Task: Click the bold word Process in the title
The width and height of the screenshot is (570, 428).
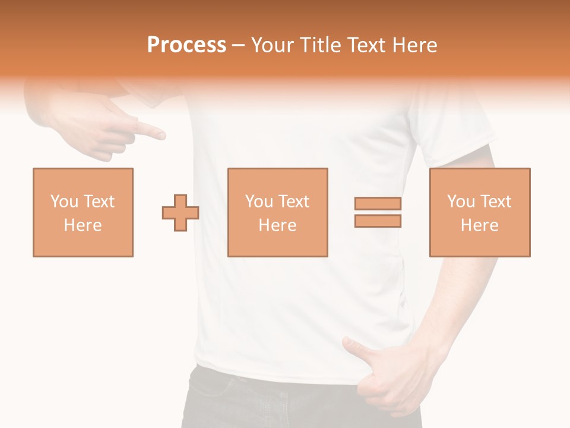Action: point(186,45)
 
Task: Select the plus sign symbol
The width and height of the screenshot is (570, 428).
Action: point(180,212)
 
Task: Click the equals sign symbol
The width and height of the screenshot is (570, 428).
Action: point(378,212)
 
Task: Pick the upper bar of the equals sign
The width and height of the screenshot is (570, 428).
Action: point(378,203)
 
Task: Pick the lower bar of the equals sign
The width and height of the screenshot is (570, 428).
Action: point(378,221)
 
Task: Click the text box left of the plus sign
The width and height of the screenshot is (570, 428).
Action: point(83,212)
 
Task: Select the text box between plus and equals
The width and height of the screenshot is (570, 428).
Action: point(278,212)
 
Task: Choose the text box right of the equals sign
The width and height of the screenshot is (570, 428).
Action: point(480,212)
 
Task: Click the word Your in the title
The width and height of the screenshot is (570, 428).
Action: point(273,45)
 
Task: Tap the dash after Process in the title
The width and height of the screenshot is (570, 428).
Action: point(239,45)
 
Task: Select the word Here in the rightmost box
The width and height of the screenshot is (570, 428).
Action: point(480,225)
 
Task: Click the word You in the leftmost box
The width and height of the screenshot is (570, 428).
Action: point(64,202)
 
